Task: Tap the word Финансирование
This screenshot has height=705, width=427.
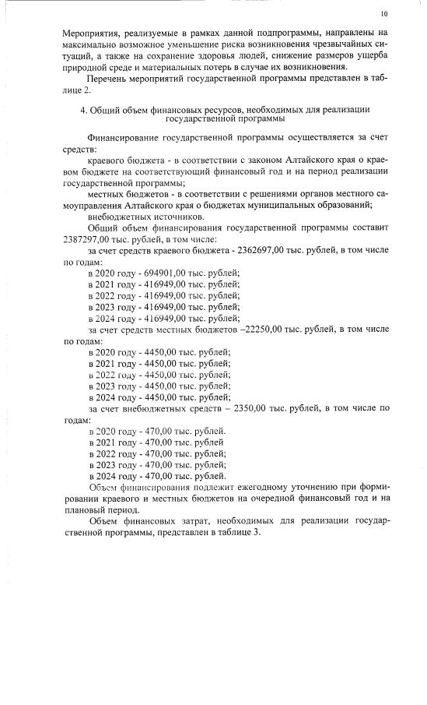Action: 128,136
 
